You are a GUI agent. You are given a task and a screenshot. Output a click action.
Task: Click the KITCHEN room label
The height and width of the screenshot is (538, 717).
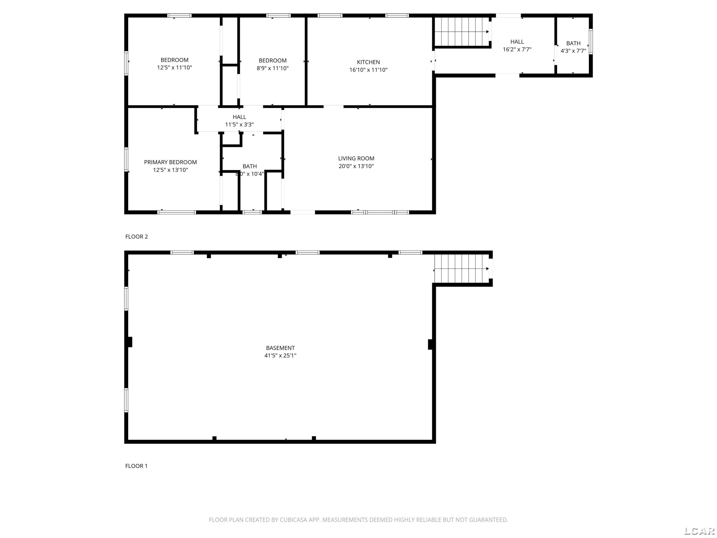368,62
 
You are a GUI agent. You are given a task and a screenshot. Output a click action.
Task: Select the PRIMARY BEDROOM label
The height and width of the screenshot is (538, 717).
170,162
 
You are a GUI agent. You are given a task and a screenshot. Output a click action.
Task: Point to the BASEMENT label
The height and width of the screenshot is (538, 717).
280,348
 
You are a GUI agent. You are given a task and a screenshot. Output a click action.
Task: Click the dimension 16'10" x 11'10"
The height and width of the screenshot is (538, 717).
368,70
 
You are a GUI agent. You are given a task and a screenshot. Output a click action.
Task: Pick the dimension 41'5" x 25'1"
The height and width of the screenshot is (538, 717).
280,355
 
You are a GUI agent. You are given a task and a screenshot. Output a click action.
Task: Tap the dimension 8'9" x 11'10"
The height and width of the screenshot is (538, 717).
273,68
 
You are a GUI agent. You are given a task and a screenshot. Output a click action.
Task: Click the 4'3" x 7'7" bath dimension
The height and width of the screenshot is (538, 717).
573,51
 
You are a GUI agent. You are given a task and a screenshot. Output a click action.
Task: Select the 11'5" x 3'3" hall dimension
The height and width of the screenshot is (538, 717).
239,125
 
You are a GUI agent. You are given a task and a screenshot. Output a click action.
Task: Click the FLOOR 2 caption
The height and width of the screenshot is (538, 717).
136,237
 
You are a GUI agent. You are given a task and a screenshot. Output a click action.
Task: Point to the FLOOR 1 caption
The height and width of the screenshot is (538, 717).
136,466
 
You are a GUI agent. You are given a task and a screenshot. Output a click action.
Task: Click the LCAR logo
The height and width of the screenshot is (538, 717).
699,531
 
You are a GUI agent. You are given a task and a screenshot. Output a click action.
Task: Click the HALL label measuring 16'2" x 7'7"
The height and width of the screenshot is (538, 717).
517,42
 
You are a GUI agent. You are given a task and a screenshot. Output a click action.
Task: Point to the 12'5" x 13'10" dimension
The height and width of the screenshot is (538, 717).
170,170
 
